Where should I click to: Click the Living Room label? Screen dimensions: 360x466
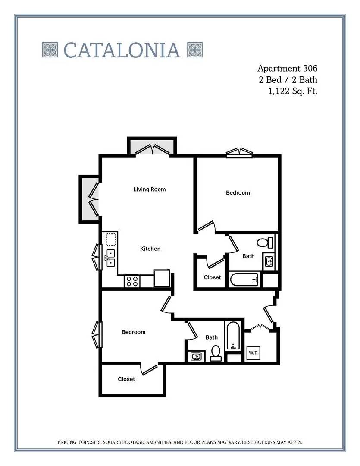tap(150, 189)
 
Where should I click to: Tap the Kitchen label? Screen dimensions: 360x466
tap(150, 249)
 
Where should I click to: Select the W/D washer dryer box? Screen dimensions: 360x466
tap(254, 353)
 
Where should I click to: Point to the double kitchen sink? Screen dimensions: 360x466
tap(110, 258)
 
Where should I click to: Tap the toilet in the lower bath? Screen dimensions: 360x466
tap(216, 353)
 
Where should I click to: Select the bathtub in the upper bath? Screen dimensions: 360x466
tap(244, 279)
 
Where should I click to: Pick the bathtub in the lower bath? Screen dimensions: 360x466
tap(233, 336)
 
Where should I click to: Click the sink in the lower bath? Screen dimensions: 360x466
tap(196, 356)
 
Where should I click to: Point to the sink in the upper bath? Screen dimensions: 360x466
tap(269, 261)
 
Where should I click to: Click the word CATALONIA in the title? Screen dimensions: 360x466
tap(122, 50)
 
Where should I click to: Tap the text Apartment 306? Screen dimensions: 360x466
tap(287, 68)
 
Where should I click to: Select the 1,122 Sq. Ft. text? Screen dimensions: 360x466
tap(293, 91)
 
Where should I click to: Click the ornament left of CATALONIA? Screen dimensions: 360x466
tap(50, 50)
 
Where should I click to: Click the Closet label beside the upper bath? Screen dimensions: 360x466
tap(212, 277)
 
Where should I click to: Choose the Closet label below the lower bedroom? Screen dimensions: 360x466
tap(126, 379)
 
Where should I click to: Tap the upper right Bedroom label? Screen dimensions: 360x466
tap(238, 192)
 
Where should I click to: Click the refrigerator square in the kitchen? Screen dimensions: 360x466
tap(162, 278)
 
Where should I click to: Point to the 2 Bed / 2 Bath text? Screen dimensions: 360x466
tap(288, 80)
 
